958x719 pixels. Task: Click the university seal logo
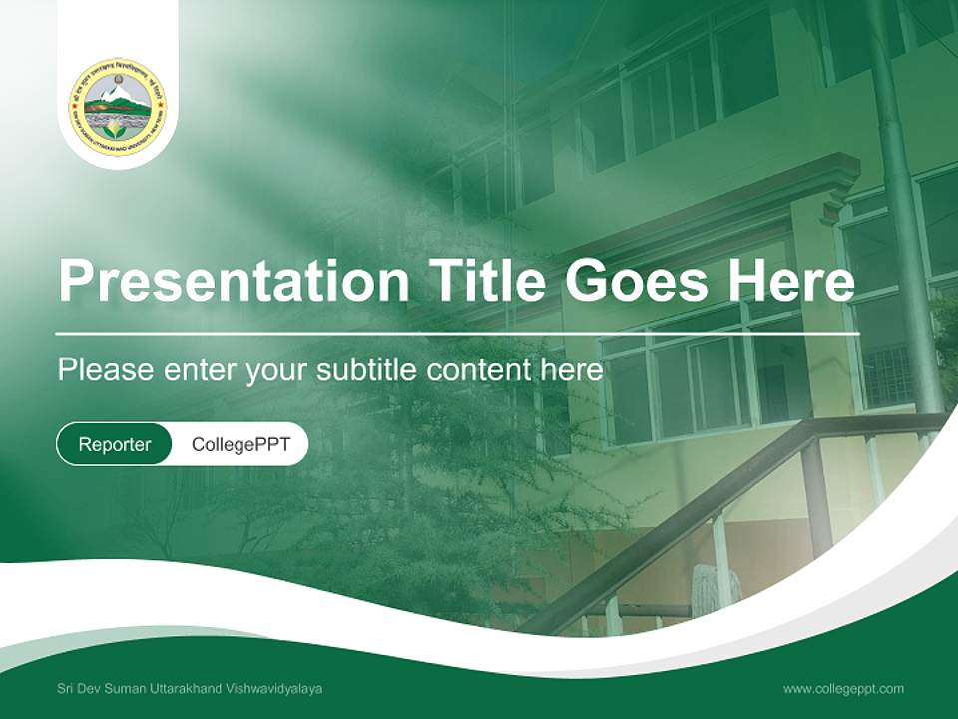click(118, 106)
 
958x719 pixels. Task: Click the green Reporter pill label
click(115, 445)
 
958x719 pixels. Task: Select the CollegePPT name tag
click(240, 445)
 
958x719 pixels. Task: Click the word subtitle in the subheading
click(368, 370)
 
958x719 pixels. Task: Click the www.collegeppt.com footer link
click(843, 688)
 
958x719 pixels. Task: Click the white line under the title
click(458, 333)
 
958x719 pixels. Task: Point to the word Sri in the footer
click(66, 689)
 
